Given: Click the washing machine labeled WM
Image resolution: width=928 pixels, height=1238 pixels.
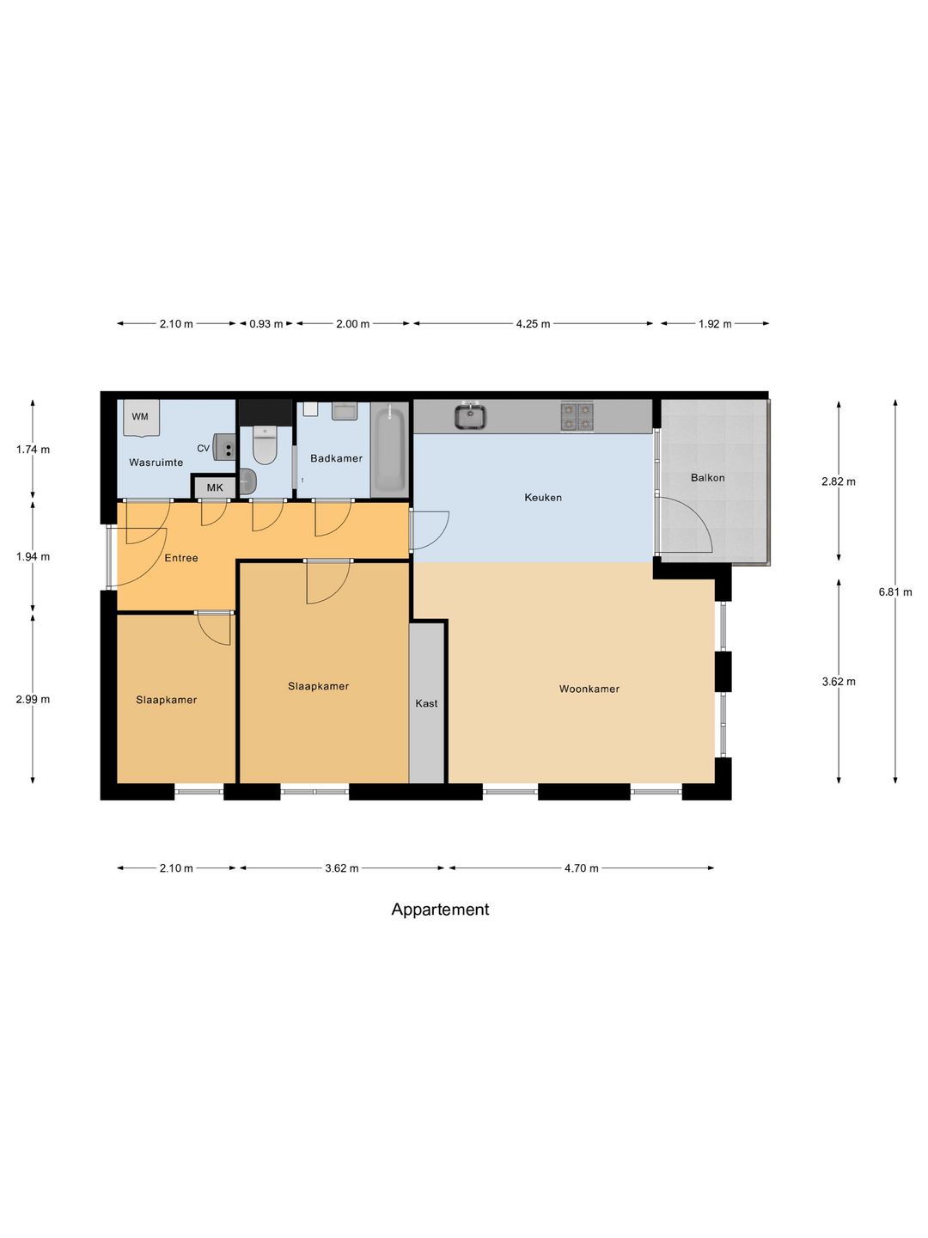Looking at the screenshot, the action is tap(142, 418).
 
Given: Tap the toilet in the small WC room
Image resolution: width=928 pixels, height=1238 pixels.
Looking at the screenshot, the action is tap(265, 445).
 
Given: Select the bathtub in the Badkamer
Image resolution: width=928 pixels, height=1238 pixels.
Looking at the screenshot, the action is tap(389, 450).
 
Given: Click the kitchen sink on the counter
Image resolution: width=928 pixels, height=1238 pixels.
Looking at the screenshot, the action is tap(471, 415).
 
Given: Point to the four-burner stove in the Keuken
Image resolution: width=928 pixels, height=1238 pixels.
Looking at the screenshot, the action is tap(577, 416).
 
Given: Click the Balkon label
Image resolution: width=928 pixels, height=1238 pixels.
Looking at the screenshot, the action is tap(708, 478).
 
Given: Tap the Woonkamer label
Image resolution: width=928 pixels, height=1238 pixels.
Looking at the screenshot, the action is tap(589, 689).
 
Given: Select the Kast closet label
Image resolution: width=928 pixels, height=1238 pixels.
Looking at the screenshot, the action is tap(426, 703).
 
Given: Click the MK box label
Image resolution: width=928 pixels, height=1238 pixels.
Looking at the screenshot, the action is tap(215, 487).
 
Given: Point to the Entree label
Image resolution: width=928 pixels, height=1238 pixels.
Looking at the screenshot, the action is tap(181, 558).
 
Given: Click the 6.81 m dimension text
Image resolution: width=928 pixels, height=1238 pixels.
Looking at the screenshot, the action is tap(895, 592).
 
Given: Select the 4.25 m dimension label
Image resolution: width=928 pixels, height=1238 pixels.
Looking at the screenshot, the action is tap(533, 324).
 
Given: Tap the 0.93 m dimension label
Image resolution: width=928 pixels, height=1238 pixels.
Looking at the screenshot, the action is tap(266, 324).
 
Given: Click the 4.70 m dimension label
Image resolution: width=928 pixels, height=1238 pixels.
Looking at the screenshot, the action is tap(582, 868).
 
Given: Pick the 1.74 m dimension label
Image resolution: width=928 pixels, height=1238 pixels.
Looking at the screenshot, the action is tap(33, 450).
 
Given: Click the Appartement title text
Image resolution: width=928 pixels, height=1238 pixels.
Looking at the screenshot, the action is tap(440, 910).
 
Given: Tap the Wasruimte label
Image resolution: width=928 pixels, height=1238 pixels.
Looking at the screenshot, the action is tap(156, 463).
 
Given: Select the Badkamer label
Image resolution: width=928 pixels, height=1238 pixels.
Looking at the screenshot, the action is tap(336, 458).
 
